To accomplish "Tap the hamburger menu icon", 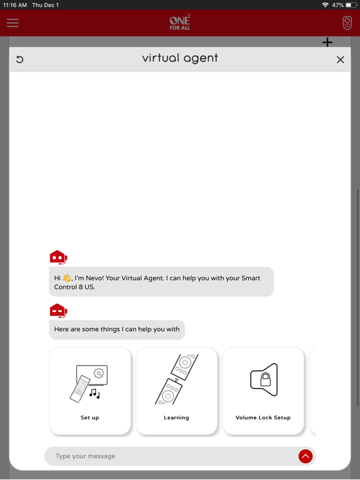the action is [x=12, y=23].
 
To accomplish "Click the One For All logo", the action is [x=180, y=22].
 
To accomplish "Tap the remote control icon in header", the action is [x=347, y=23].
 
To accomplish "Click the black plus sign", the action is [x=327, y=42].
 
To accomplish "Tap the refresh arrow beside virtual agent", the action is [x=19, y=59].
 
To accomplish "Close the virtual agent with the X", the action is [x=341, y=60].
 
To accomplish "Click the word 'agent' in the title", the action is [x=200, y=58].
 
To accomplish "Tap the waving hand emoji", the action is [x=67, y=278].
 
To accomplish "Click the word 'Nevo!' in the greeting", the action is [x=94, y=278].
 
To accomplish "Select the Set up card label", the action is [x=90, y=417].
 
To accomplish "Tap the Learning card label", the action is [x=176, y=417].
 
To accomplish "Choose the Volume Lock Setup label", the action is [x=263, y=417].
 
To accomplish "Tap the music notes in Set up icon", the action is [x=94, y=394].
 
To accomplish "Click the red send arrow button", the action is [x=306, y=456].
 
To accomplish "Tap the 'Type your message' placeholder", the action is [x=86, y=456].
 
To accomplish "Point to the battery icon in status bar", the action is [x=351, y=5].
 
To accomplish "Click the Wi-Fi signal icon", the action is [x=325, y=5].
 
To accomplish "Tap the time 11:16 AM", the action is [x=15, y=5].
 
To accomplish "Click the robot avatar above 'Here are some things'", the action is [x=59, y=311].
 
